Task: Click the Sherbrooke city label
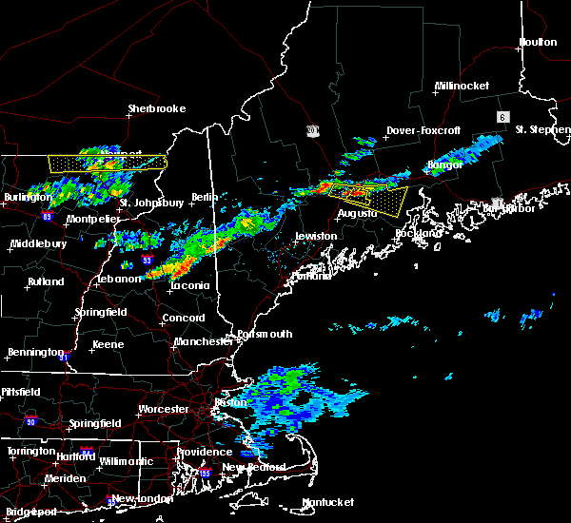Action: click(157, 108)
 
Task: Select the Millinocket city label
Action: click(462, 86)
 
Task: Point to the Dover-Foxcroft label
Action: click(423, 130)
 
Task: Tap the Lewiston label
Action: click(315, 236)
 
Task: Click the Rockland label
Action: click(420, 233)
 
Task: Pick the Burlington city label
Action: click(28, 197)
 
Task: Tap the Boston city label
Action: click(231, 402)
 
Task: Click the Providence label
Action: click(203, 452)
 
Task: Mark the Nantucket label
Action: click(327, 502)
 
